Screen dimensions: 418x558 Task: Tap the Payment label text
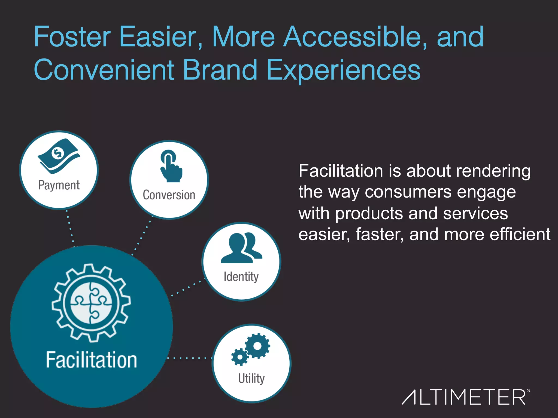click(x=59, y=185)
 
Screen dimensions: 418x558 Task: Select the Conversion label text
click(x=169, y=195)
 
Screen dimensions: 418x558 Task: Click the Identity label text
click(x=241, y=276)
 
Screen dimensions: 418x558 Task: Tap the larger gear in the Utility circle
click(x=257, y=346)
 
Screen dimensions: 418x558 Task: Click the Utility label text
click(x=251, y=378)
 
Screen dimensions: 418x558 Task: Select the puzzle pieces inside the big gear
click(x=91, y=303)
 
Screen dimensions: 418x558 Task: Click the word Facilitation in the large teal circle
click(x=91, y=360)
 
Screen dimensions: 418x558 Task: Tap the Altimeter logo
click(x=465, y=397)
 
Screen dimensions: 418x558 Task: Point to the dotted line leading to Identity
click(x=188, y=287)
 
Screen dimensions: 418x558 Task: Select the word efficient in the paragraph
click(x=520, y=234)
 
